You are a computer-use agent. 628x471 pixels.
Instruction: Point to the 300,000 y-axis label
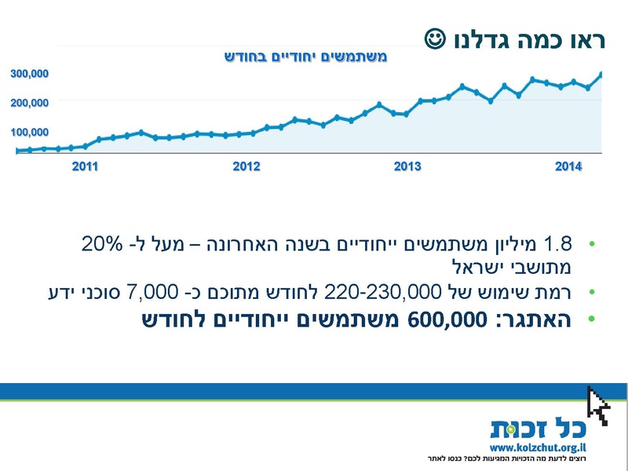(x=30, y=74)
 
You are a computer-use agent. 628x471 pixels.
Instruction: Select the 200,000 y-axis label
(x=30, y=103)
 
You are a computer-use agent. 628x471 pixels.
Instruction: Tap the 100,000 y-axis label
(x=30, y=132)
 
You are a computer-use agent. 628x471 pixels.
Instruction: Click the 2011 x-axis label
(x=85, y=166)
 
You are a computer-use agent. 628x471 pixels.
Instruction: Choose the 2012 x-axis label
(x=246, y=166)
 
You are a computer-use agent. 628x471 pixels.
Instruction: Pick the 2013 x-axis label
(x=407, y=166)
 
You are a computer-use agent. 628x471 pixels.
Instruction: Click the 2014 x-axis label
(x=568, y=166)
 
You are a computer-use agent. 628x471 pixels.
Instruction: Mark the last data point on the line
(x=601, y=75)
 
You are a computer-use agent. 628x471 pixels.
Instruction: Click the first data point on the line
(x=16, y=150)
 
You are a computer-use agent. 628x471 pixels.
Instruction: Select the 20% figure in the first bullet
(x=102, y=243)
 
